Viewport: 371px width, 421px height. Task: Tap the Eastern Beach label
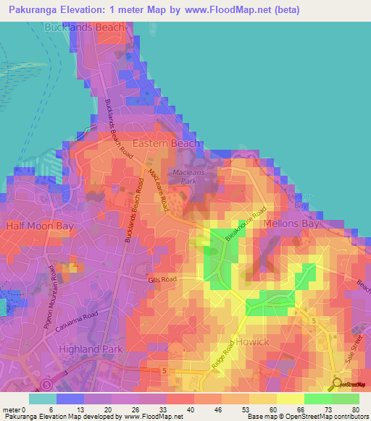coord(165,144)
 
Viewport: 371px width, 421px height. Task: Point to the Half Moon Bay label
coord(40,226)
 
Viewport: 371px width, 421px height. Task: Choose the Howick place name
coord(252,341)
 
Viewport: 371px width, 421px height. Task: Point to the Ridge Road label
coord(224,359)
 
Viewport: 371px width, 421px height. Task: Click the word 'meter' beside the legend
coord(12,409)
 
